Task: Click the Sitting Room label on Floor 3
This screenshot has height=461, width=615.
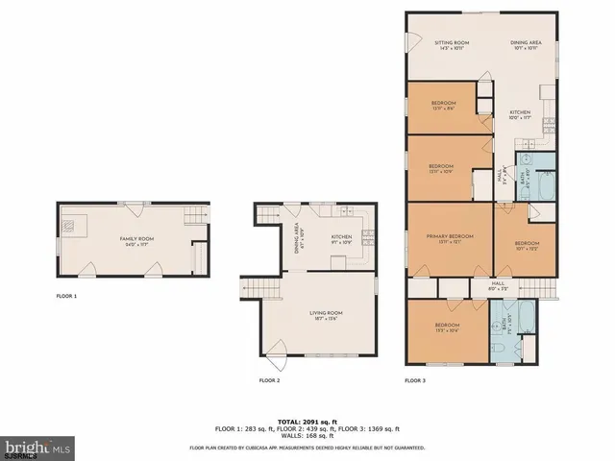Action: point(451,44)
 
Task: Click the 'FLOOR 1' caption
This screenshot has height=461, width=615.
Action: point(66,296)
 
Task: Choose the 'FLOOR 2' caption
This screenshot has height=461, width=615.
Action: point(269,380)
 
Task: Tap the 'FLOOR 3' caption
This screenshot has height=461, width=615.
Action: point(415,380)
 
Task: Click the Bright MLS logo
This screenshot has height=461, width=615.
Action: point(37,448)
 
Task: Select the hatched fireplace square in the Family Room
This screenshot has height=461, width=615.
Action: point(70,226)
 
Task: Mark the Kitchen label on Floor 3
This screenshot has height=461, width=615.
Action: point(520,113)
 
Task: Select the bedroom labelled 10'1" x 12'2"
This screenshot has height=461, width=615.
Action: point(526,245)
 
